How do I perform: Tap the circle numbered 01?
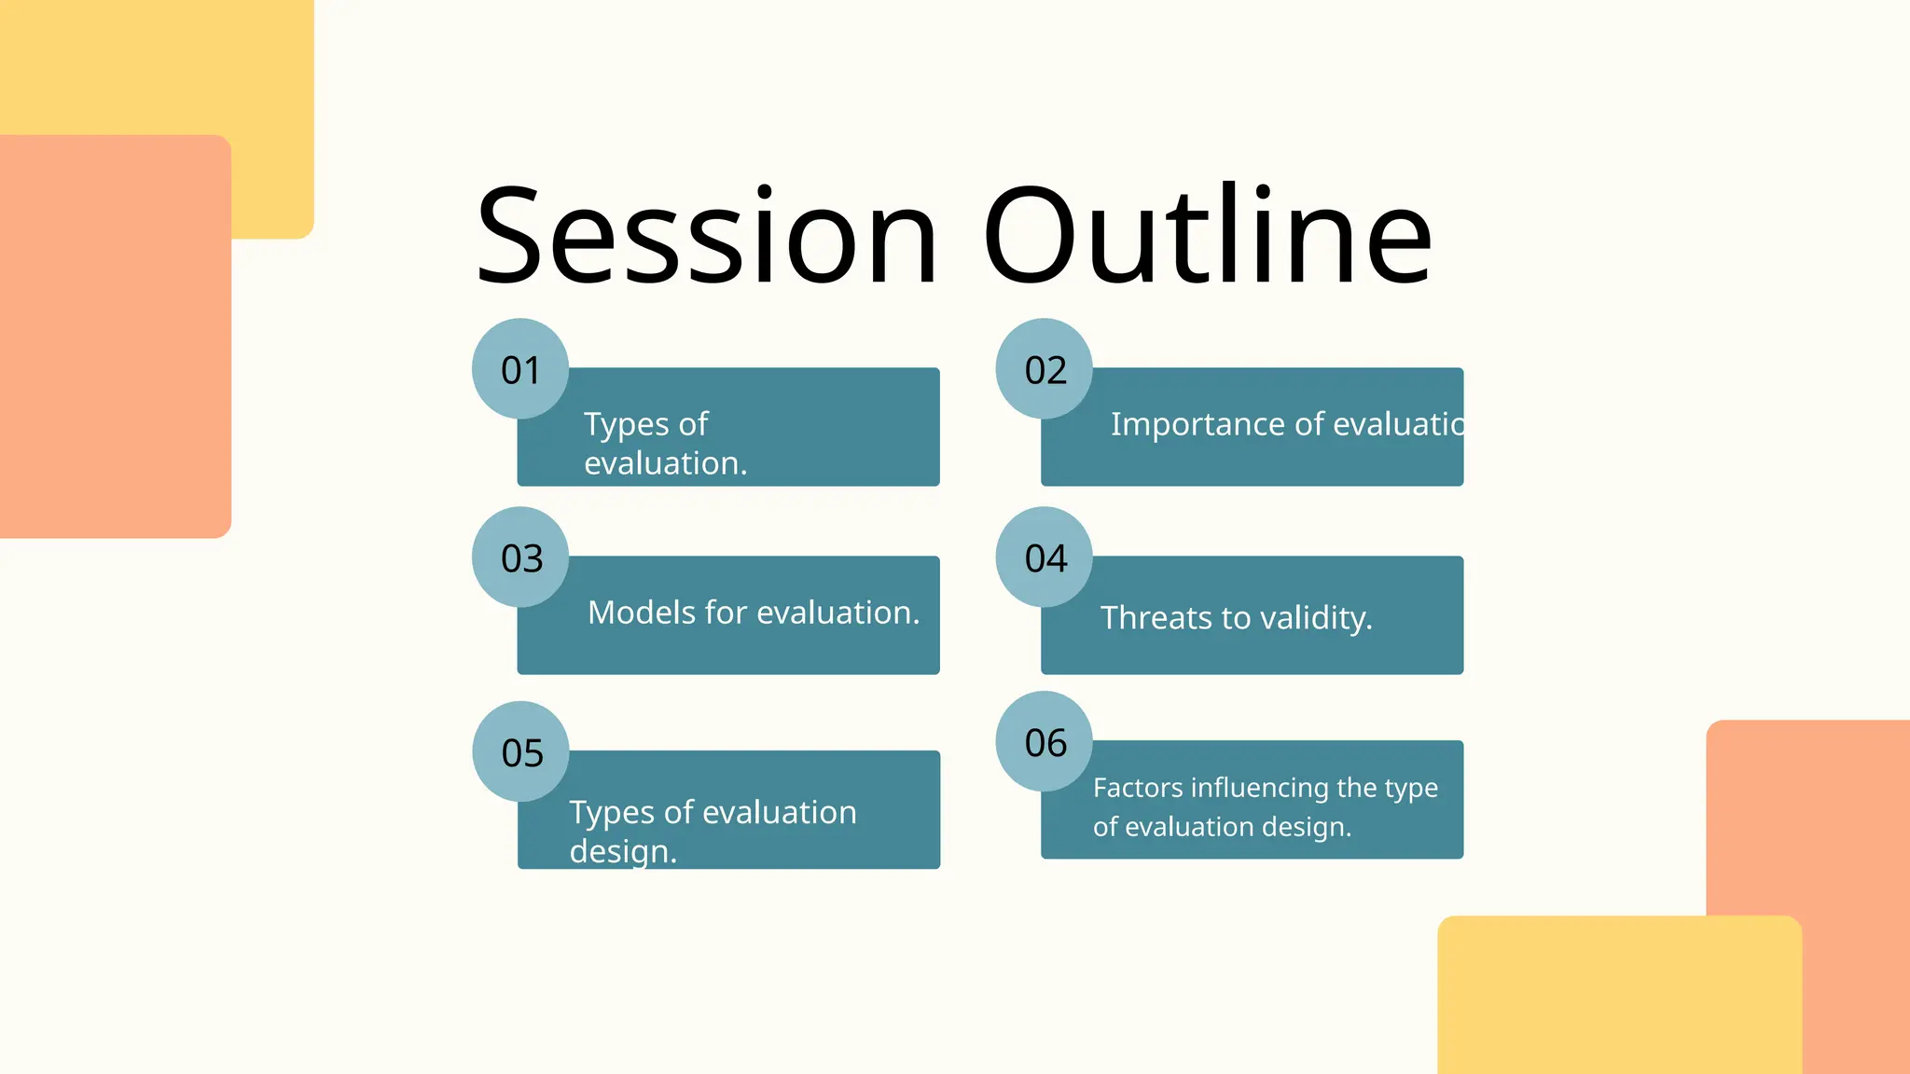520,369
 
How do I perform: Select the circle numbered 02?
1045,369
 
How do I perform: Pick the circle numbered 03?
520,558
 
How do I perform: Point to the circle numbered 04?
1045,558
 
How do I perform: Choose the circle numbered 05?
521,751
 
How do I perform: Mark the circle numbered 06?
1045,742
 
